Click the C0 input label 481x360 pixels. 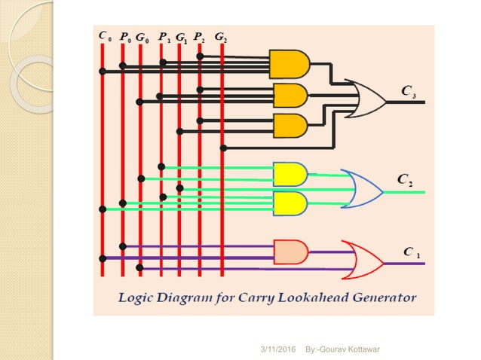click(x=105, y=35)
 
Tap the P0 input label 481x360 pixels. click(x=125, y=36)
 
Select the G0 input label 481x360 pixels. click(x=142, y=36)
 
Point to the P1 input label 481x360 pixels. click(x=164, y=36)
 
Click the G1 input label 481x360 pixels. click(x=182, y=36)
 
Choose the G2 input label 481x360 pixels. click(x=220, y=36)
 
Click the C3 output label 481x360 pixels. click(x=408, y=93)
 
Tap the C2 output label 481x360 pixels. click(x=405, y=179)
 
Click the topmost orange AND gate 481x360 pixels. click(x=289, y=66)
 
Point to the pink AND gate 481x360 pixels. click(x=290, y=251)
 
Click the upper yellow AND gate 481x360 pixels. click(x=290, y=174)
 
